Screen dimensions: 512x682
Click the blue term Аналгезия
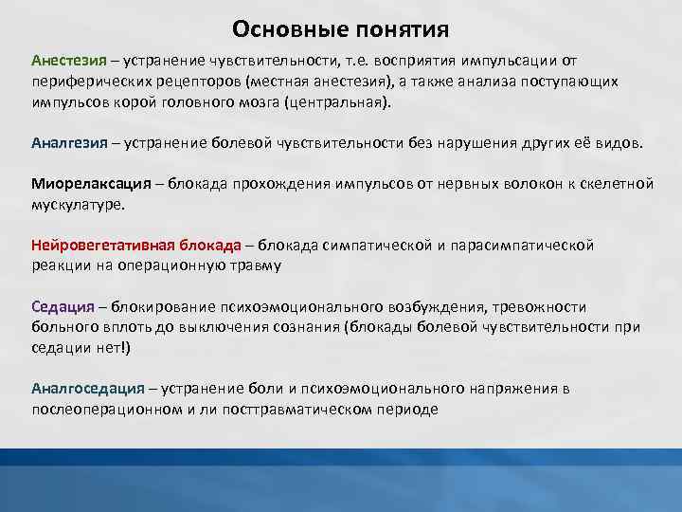68,143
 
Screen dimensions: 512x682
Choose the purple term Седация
63,307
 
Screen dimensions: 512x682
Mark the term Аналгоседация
87,389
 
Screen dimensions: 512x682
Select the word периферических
82,82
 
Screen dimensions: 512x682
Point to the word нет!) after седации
113,348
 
